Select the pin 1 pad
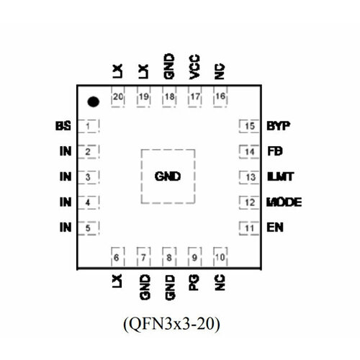89,127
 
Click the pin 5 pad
89,228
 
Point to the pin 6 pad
117,257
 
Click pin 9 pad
194,257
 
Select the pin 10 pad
220,257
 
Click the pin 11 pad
249,228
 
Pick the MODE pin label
283,202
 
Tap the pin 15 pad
249,127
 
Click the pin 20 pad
117,96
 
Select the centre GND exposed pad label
167,176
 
